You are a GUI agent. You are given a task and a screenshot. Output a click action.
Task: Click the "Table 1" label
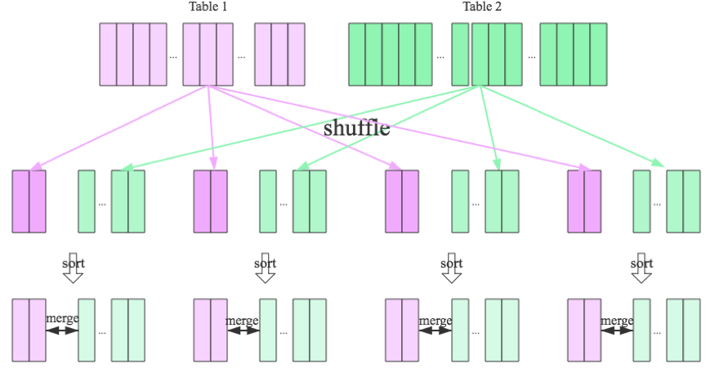(208, 7)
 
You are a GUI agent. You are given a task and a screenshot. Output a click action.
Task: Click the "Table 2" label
(482, 7)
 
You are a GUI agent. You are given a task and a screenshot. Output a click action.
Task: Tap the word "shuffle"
(356, 128)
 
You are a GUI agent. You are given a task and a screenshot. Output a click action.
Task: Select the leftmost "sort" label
(74, 264)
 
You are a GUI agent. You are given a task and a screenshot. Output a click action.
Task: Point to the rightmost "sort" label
(642, 264)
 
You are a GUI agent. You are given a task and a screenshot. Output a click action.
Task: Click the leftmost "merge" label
(62, 319)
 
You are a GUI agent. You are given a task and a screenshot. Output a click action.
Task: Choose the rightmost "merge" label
(617, 321)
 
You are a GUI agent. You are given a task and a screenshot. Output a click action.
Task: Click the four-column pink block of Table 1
(133, 54)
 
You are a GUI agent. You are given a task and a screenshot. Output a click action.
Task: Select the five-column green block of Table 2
(390, 54)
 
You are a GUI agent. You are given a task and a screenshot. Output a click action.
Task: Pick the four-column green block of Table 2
(574, 54)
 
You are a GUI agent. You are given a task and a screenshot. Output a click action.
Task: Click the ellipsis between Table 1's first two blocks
(173, 57)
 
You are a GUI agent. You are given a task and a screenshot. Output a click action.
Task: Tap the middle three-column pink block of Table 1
(208, 54)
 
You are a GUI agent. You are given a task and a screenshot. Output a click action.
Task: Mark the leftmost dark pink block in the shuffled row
(29, 201)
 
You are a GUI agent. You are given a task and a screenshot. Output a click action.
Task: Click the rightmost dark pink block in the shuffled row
(584, 201)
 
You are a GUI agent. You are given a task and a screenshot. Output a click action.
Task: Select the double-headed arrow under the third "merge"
(435, 330)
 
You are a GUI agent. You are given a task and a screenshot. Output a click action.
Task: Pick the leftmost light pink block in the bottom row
(29, 330)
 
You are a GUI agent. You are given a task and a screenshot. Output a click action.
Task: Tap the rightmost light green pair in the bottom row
(683, 330)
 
